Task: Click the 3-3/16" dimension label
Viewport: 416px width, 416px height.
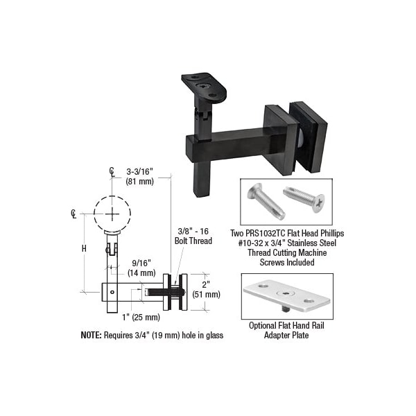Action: (140, 172)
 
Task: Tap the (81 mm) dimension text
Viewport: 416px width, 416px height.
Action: (140, 182)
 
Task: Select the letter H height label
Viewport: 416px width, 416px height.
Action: (84, 249)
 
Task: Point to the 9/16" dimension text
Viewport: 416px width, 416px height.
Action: (141, 263)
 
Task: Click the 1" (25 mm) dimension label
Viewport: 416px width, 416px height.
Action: (141, 317)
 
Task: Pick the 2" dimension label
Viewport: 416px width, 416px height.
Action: (206, 284)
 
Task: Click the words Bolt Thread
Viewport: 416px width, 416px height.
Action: (193, 241)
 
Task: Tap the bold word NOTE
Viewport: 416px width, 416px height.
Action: (91, 336)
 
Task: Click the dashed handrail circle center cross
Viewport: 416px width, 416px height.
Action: (112, 214)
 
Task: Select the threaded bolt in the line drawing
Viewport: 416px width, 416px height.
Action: (165, 293)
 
